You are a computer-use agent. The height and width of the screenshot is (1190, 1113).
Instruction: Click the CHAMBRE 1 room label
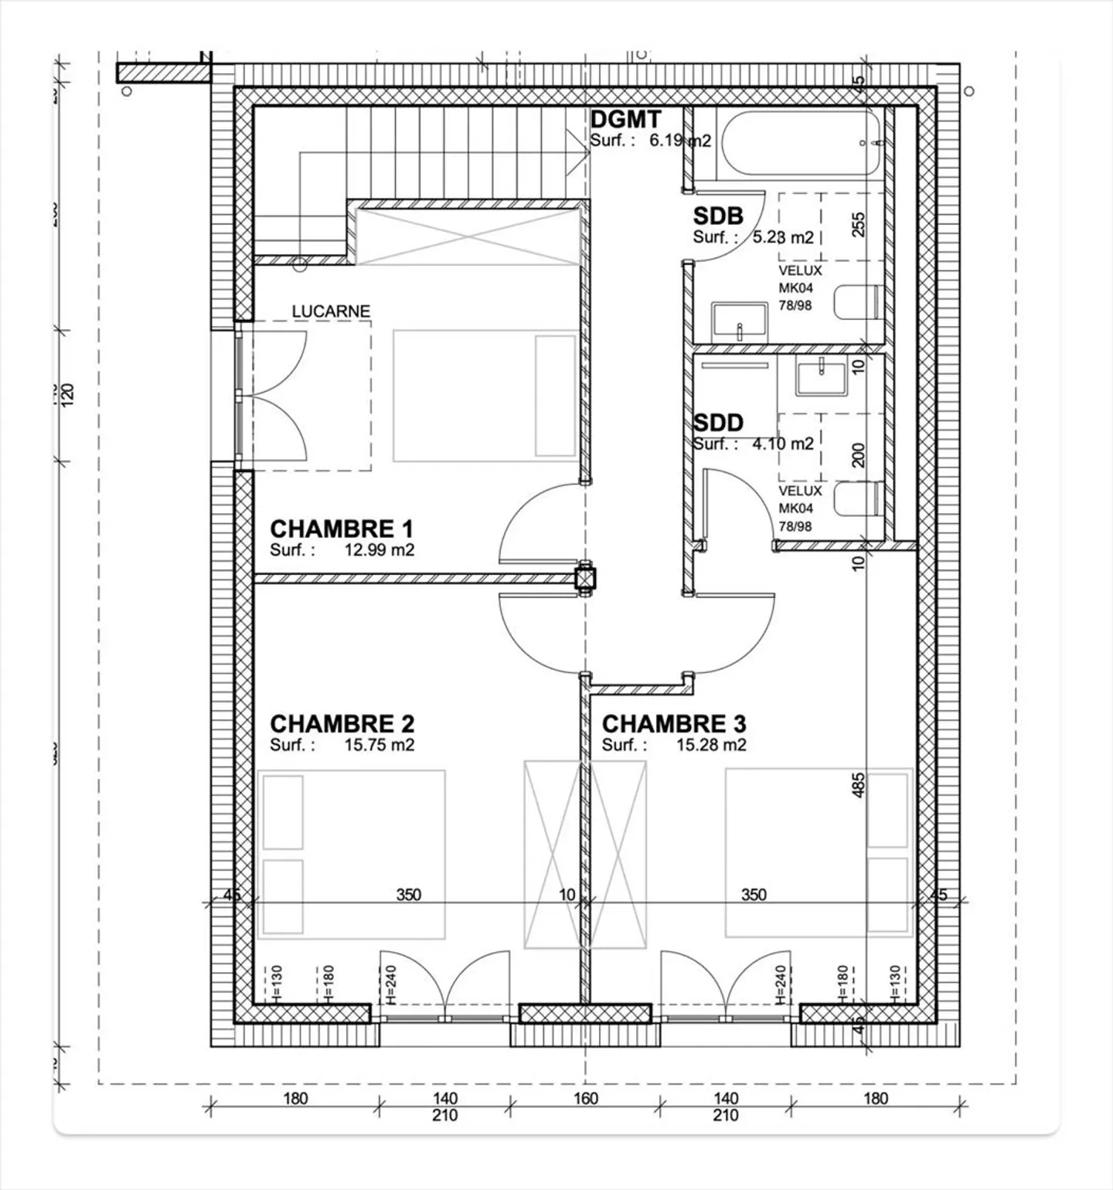tap(341, 529)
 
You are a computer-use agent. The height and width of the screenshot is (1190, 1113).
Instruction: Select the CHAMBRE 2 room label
tap(342, 724)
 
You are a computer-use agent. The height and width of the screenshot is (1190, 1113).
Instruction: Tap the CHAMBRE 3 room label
tap(674, 724)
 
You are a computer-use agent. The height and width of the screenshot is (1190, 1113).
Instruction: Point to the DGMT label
tap(625, 120)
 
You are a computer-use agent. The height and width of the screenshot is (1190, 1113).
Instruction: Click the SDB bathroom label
tap(718, 216)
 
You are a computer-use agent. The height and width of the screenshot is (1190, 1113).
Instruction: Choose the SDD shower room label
tap(718, 423)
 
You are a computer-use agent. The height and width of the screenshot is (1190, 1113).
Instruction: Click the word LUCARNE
tap(331, 311)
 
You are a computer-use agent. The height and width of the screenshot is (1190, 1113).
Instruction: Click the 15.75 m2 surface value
tap(379, 746)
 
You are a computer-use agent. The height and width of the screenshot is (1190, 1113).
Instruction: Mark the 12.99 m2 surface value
tap(379, 551)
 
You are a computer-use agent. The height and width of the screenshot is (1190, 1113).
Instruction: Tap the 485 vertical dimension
tap(858, 785)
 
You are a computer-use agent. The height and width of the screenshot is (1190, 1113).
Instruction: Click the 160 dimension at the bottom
tap(586, 1098)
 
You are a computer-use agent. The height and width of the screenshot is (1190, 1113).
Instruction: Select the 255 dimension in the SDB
tap(858, 224)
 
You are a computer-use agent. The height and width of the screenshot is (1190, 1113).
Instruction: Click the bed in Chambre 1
tap(485, 396)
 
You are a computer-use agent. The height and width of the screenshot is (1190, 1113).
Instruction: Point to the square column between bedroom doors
tap(586, 579)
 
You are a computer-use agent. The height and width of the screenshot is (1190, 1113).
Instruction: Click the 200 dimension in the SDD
tap(858, 455)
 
